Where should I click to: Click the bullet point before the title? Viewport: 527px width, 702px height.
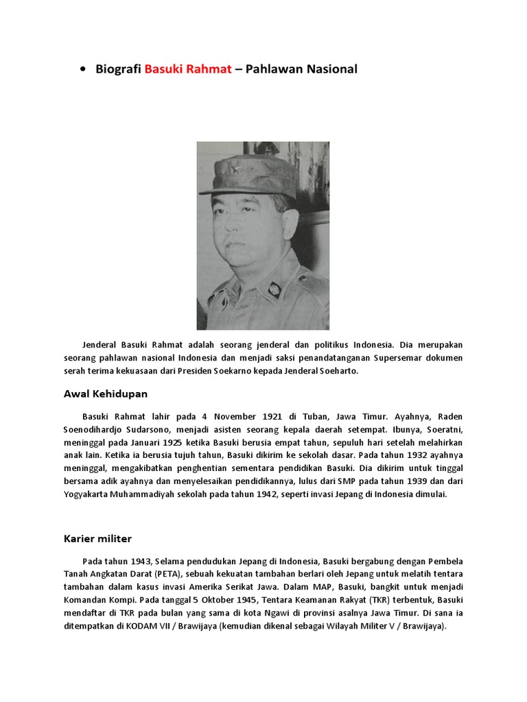pos(83,70)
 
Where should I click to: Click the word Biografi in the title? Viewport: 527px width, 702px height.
pos(119,69)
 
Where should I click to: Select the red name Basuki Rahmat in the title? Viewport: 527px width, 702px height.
pos(188,69)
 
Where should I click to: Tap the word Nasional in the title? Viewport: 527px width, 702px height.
pos(330,69)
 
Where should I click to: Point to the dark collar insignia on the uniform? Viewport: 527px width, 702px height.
pos(272,289)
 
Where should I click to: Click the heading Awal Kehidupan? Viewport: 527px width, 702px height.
pos(106,394)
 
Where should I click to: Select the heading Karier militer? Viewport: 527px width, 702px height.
pos(99,539)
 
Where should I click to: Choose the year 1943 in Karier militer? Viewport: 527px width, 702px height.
pos(137,560)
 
